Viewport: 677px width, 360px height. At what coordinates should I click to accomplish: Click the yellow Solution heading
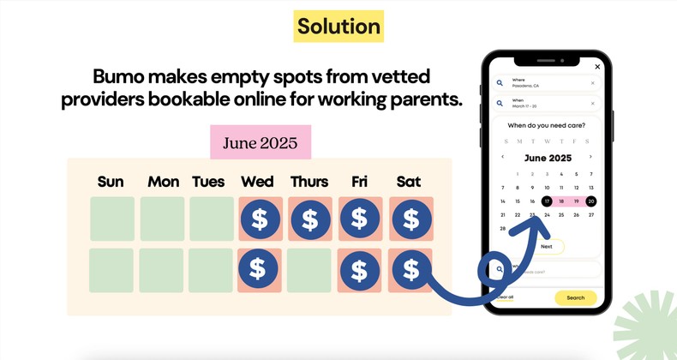338,27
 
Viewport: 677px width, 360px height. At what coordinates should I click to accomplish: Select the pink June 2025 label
261,142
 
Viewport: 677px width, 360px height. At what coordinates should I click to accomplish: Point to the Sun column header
111,182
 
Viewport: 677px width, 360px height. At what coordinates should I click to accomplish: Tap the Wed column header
258,182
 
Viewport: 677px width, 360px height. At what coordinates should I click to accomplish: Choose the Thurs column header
309,182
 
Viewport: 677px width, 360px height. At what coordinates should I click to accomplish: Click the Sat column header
409,182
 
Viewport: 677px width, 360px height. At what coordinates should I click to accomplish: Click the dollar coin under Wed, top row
260,220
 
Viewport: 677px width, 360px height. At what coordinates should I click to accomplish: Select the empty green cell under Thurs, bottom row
309,270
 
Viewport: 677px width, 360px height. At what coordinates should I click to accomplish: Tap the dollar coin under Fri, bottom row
360,270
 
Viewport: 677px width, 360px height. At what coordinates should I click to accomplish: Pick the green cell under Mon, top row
162,219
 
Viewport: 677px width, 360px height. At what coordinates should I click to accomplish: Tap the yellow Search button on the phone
575,297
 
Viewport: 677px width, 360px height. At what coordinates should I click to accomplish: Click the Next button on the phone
547,246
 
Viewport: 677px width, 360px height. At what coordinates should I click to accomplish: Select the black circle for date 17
547,201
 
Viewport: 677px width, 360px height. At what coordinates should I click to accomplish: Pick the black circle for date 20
590,201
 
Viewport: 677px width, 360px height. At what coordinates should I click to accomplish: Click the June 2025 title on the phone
547,158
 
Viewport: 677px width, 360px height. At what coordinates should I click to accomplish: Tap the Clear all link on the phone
506,297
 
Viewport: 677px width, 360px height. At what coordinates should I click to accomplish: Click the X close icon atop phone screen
597,66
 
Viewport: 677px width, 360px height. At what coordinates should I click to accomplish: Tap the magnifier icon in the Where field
500,83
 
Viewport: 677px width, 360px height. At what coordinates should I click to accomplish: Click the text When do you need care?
547,126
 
